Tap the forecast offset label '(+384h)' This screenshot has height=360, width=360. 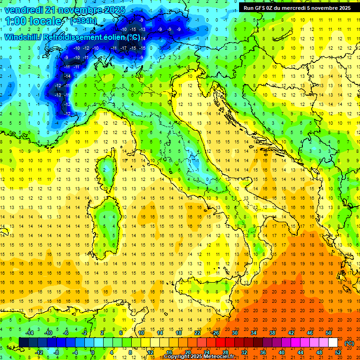point(84,21)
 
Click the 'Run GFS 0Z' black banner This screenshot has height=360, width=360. point(297,7)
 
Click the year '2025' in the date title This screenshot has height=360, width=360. point(114,10)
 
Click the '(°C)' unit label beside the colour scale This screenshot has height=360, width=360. point(349,343)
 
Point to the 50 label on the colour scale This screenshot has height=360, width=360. point(329,333)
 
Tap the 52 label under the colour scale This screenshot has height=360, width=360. point(338,352)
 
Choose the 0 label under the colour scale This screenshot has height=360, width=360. point(93,352)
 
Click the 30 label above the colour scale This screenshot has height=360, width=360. point(235,333)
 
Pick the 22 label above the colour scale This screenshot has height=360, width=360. point(197,333)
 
